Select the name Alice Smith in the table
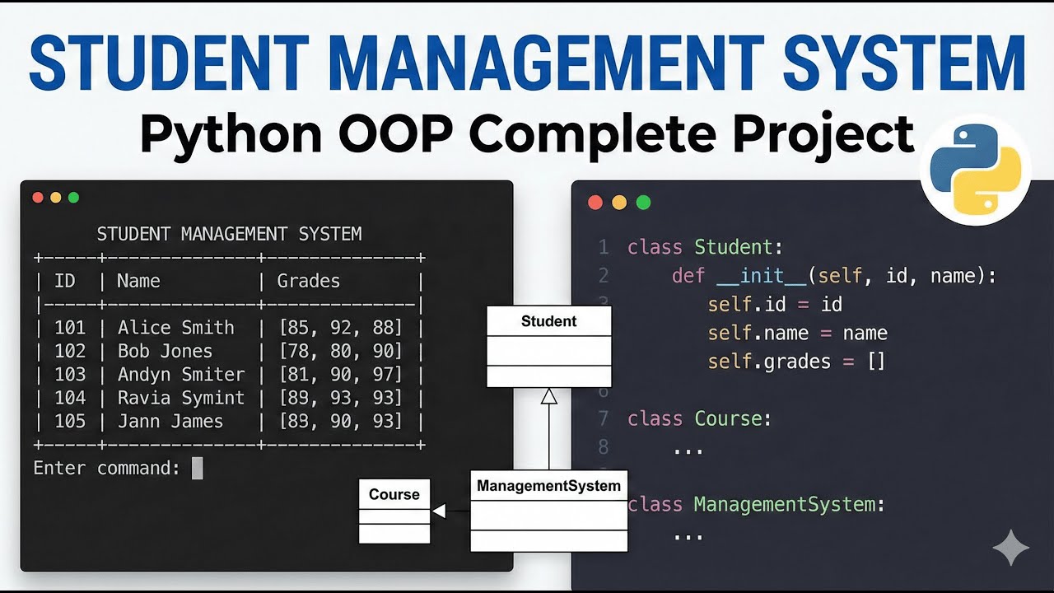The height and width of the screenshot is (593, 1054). point(175,328)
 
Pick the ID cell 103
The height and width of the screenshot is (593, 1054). point(70,375)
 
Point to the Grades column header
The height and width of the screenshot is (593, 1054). point(309,281)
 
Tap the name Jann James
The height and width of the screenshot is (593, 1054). point(170,422)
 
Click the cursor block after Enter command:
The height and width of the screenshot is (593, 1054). point(197,469)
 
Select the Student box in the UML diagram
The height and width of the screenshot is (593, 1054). point(548,346)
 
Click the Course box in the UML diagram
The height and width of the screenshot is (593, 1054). point(394,511)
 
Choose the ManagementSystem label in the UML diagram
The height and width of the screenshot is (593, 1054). point(548,486)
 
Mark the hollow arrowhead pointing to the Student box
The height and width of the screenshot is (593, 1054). point(548,396)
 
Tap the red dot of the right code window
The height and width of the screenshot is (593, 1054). point(595,203)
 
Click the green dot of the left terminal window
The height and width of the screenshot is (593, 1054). point(73,198)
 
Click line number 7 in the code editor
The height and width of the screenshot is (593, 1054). point(604,418)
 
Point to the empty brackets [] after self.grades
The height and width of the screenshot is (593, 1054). point(876,362)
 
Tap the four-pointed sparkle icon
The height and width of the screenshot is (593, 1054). point(1011,548)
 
